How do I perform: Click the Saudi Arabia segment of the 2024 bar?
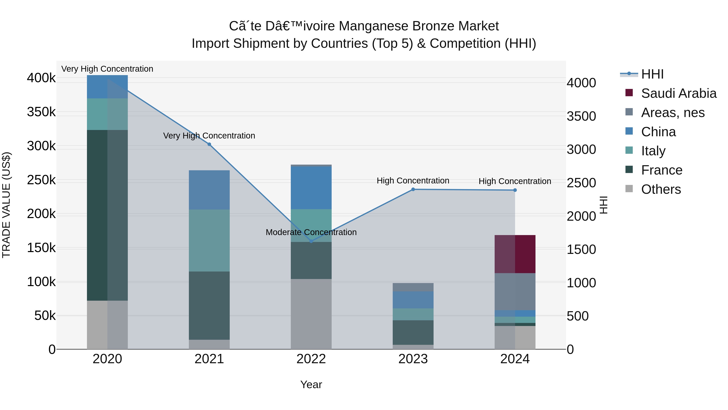515,254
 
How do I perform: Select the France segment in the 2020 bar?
107,215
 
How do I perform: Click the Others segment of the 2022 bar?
311,314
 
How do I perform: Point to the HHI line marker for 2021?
209,144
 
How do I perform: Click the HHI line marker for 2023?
413,189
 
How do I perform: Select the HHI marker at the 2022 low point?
311,241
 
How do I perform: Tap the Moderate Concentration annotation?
311,232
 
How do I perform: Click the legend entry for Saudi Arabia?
678,93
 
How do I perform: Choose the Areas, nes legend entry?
673,113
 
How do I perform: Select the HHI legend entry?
652,74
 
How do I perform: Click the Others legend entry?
661,189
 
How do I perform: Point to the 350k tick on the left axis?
41,112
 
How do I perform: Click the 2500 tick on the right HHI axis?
581,183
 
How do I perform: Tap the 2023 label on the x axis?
413,359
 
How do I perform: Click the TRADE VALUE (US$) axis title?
6,205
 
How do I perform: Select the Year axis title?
311,384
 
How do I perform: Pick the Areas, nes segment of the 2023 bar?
413,287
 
